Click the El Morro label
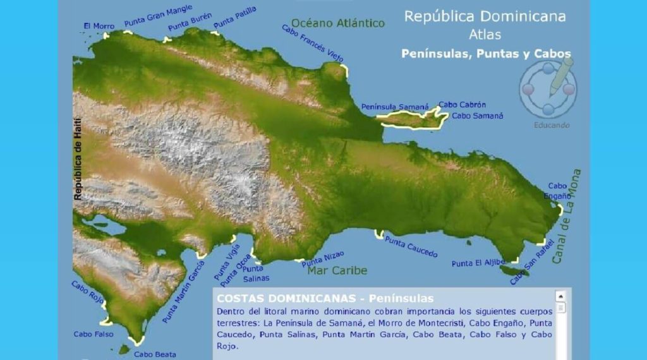[x=99, y=27]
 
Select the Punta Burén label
[x=190, y=23]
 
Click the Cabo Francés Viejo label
[x=312, y=44]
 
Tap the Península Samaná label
[x=395, y=107]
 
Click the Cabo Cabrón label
[x=463, y=105]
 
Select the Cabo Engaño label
[x=557, y=191]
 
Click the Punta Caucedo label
[x=411, y=246]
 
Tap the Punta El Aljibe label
[x=478, y=263]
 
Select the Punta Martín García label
[x=183, y=291]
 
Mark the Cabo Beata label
[x=155, y=354]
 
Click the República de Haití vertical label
[x=78, y=159]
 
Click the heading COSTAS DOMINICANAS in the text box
[x=289, y=298]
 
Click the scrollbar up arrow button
[x=560, y=296]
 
